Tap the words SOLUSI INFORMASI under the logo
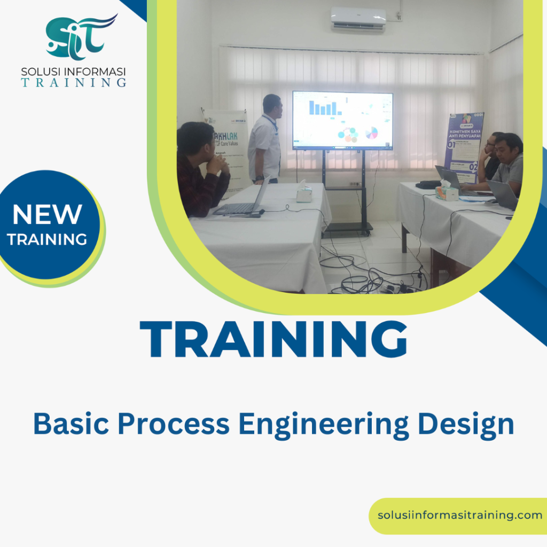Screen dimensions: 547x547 [x=73, y=71]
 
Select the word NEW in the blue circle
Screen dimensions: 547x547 [x=47, y=215]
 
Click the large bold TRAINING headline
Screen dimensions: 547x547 [x=273, y=340]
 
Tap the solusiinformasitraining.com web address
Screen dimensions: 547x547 [x=460, y=515]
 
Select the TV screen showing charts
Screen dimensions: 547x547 [x=342, y=120]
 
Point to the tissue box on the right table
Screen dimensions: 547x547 [x=446, y=192]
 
